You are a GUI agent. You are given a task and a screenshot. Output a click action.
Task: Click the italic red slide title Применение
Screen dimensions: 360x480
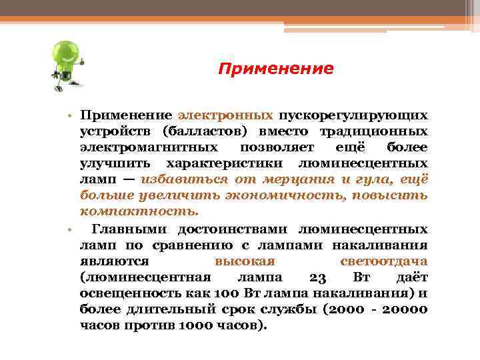(276, 69)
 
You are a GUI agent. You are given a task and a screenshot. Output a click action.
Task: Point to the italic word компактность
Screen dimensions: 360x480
(139, 211)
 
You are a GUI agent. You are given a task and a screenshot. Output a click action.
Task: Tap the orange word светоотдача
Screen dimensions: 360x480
(383, 261)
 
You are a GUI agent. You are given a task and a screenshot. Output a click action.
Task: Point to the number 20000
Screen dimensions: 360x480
(400, 309)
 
